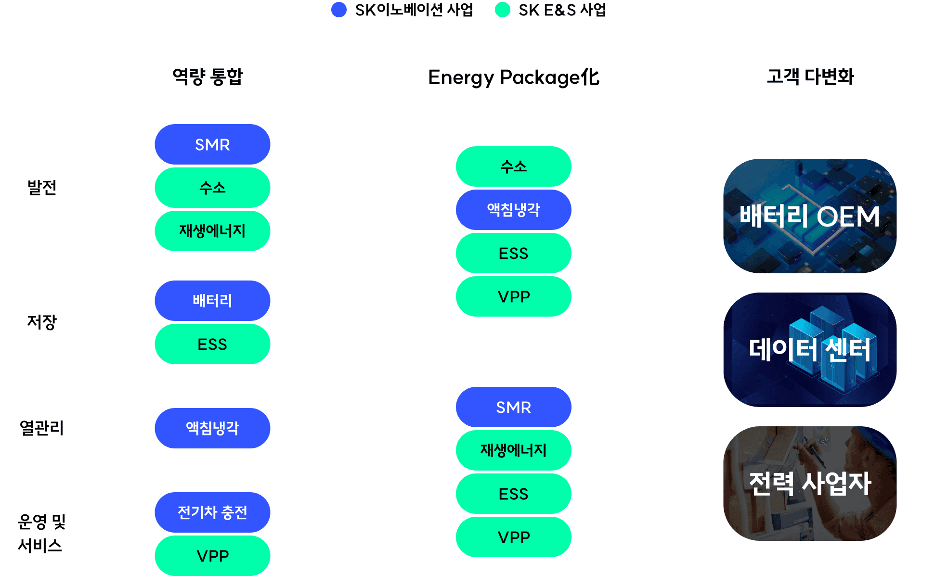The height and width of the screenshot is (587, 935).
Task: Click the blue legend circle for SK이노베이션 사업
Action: [339, 10]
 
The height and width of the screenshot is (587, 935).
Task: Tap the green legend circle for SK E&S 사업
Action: [503, 10]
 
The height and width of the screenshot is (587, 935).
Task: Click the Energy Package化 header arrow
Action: [514, 77]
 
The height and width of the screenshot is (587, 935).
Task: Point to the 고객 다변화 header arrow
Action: [810, 77]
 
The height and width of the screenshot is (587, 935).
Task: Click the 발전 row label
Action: [42, 188]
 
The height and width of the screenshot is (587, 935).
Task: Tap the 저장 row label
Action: [42, 322]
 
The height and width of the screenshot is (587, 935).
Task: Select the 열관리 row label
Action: [42, 428]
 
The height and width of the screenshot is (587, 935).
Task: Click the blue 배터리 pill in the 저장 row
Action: [212, 301]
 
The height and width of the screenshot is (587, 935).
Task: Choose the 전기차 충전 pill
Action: [212, 512]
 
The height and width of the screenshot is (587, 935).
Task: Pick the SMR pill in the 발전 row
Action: [212, 144]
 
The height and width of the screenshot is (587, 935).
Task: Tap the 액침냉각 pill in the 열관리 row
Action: [212, 428]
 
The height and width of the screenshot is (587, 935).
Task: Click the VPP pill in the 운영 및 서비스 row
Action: [212, 556]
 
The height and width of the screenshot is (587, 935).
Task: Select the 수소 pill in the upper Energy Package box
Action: [514, 166]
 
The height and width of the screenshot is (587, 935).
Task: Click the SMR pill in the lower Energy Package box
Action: [514, 407]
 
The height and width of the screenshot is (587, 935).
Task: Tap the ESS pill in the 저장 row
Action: [212, 344]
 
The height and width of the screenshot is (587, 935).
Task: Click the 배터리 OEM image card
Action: [810, 216]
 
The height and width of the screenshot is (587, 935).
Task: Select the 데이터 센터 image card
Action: [810, 350]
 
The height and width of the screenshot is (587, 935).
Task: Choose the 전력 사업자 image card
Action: [810, 483]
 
